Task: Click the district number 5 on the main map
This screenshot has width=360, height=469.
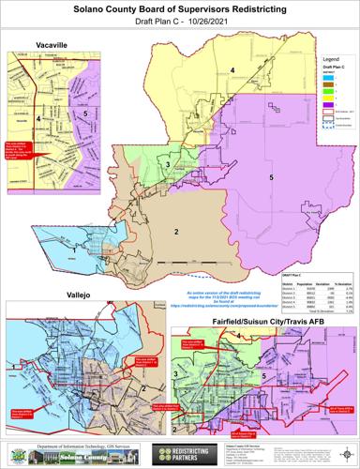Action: pyautogui.click(x=272, y=177)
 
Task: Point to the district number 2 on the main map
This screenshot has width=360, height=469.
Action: pyautogui.click(x=175, y=231)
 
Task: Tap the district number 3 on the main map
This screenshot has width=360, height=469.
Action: pyautogui.click(x=167, y=166)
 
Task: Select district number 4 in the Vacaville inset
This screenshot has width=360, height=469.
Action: pyautogui.click(x=37, y=119)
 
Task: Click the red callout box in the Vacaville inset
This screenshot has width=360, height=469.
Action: pyautogui.click(x=20, y=152)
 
